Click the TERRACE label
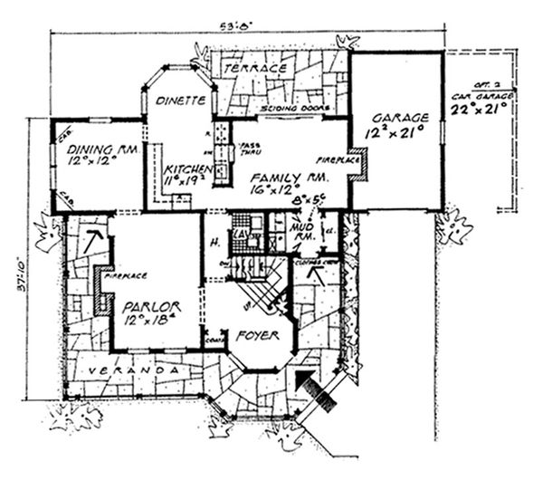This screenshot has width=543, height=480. [x=256, y=68]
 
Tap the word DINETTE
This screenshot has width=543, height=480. [x=177, y=102]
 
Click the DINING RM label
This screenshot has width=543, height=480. [x=97, y=148]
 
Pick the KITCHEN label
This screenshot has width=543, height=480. [x=187, y=169]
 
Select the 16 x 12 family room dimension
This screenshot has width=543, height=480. [x=282, y=190]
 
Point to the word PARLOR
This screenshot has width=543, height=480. [x=151, y=306]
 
